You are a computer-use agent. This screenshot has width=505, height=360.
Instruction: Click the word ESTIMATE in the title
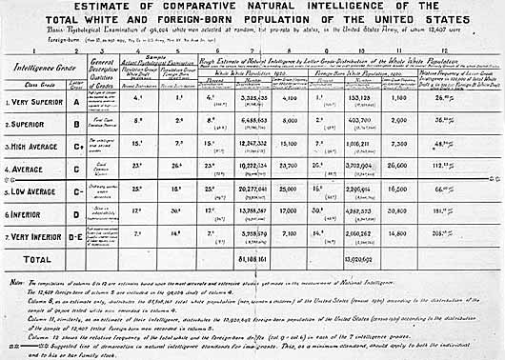point(159,9)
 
